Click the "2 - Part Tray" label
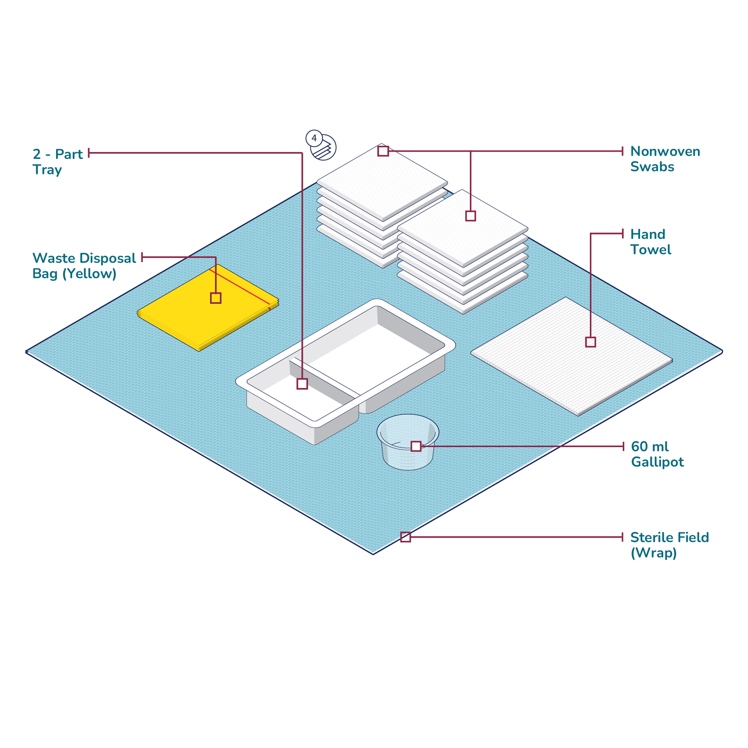57,162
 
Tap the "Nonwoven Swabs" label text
665,159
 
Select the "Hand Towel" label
650,242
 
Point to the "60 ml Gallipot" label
657,454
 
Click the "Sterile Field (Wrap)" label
669,545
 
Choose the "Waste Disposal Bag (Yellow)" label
84,266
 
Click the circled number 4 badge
314,138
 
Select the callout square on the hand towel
591,342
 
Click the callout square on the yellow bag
216,298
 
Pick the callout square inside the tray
302,384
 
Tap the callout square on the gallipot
416,446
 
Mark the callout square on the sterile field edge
405,537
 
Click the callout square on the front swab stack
470,216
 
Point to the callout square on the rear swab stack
383,151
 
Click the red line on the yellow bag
240,287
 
